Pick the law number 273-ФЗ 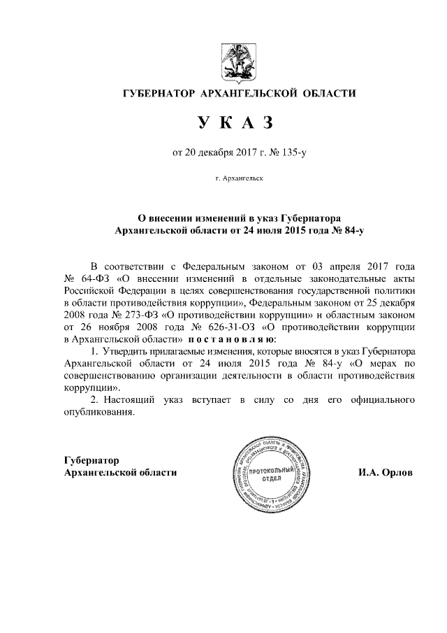(135, 315)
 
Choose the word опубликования (98, 413)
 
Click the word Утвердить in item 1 (128, 350)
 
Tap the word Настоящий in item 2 (132, 401)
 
